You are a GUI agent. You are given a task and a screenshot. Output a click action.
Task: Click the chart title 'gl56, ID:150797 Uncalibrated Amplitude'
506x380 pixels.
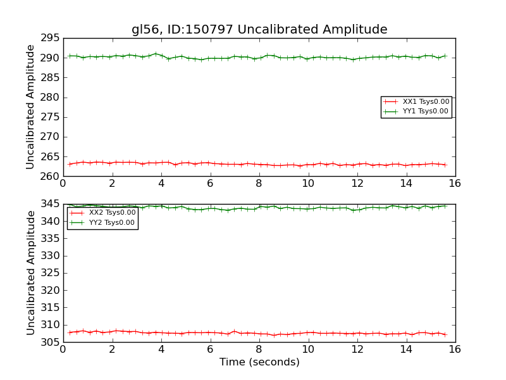[x=259, y=30]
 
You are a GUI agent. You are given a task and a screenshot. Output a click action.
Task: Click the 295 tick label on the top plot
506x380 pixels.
[x=50, y=39]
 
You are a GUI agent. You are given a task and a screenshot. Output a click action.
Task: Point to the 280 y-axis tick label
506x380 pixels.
[x=50, y=98]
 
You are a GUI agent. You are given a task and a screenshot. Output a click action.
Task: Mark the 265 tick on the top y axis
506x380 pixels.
[x=50, y=156]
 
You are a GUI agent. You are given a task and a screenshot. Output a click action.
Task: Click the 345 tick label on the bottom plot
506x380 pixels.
[x=50, y=205]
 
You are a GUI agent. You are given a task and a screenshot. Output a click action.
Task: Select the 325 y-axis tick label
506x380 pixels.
[x=50, y=274]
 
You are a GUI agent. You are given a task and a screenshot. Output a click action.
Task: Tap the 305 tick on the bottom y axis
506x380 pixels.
[x=50, y=342]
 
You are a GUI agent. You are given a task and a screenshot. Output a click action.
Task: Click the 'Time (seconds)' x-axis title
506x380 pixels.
[x=259, y=362]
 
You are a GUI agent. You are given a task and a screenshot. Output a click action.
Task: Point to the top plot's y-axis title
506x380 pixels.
[x=30, y=107]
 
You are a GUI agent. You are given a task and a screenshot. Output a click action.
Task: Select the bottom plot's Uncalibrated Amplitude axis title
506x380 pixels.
[x=30, y=273]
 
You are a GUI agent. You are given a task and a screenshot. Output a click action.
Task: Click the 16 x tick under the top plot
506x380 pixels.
[x=455, y=183]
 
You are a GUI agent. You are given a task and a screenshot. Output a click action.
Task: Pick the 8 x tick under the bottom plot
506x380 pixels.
[x=259, y=349]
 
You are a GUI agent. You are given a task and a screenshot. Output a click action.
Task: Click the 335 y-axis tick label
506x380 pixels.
[x=50, y=239]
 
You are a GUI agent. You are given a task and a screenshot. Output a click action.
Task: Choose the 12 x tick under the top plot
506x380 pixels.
[x=357, y=183]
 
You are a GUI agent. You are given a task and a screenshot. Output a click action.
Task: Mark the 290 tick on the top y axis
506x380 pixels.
[x=50, y=58]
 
